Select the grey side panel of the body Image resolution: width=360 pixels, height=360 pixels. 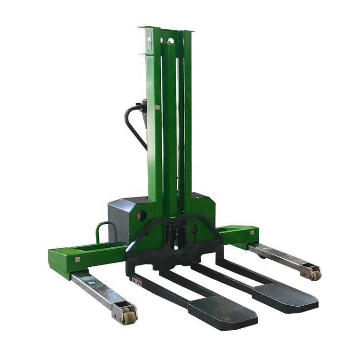(118, 221)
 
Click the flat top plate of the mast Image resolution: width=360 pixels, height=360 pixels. (166, 29)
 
